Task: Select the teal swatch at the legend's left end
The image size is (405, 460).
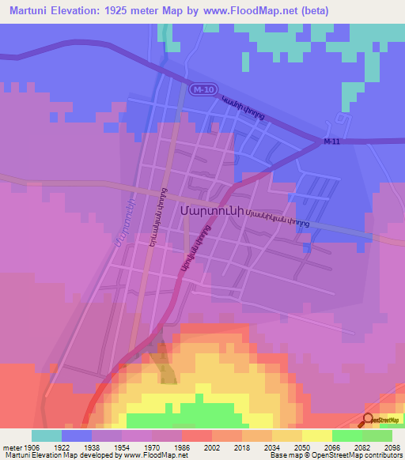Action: click(x=47, y=435)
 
